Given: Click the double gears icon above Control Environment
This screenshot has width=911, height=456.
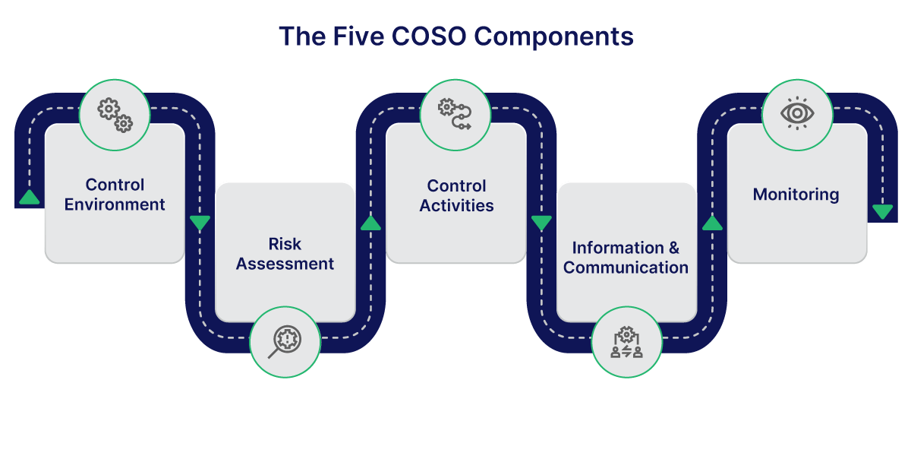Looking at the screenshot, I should [115, 115].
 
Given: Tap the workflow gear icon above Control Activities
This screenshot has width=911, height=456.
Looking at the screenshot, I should [455, 115].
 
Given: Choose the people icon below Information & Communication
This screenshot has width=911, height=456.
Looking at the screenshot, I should [626, 341].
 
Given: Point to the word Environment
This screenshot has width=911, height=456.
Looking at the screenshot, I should [115, 204].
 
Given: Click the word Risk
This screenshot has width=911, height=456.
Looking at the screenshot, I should [285, 244].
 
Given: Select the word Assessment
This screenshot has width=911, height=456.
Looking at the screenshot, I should [285, 264].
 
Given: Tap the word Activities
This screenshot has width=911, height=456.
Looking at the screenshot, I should [456, 205].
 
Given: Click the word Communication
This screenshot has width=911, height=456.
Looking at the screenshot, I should [626, 268].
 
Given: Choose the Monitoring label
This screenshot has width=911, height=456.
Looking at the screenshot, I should [796, 195].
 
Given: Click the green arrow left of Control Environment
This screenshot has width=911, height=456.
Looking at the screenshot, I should [29, 198].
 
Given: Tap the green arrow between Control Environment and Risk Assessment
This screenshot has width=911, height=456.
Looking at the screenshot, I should [200, 223].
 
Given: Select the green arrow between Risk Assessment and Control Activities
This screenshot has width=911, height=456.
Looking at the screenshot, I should [370, 223].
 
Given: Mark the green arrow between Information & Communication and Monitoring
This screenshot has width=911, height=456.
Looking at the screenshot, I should [711, 223].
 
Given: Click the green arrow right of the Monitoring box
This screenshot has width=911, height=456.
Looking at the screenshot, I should [882, 212].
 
